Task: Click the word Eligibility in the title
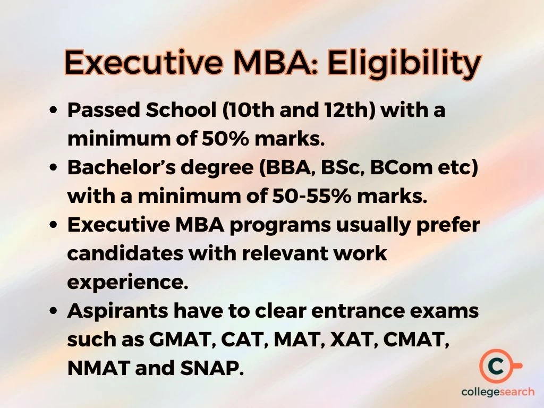click(x=404, y=63)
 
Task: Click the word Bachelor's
click(x=118, y=168)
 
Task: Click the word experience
click(x=127, y=282)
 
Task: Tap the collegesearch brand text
click(x=498, y=392)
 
